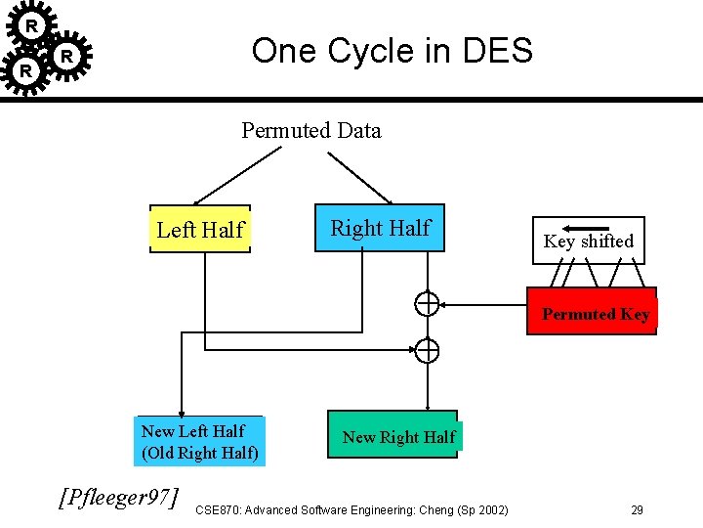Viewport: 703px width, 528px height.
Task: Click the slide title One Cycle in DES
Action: click(x=392, y=50)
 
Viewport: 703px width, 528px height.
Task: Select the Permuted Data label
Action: click(x=311, y=130)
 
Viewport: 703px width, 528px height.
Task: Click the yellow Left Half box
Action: click(x=200, y=230)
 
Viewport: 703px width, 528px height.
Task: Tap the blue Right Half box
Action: click(x=380, y=229)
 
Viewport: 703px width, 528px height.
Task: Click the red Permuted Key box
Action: click(x=593, y=312)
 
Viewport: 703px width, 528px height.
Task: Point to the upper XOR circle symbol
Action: click(x=427, y=304)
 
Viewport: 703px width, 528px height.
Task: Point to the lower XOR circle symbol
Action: click(x=427, y=350)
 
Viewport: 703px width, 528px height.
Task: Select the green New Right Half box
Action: click(x=398, y=436)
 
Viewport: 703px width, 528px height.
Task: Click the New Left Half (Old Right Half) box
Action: click(x=199, y=441)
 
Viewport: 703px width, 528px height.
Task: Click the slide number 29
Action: click(x=637, y=509)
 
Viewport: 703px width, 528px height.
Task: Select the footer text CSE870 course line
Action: click(x=351, y=509)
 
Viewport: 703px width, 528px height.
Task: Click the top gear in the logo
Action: click(x=32, y=24)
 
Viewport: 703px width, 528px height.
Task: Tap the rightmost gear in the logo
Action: click(x=66, y=57)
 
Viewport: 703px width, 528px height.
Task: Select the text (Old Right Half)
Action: click(x=200, y=453)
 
